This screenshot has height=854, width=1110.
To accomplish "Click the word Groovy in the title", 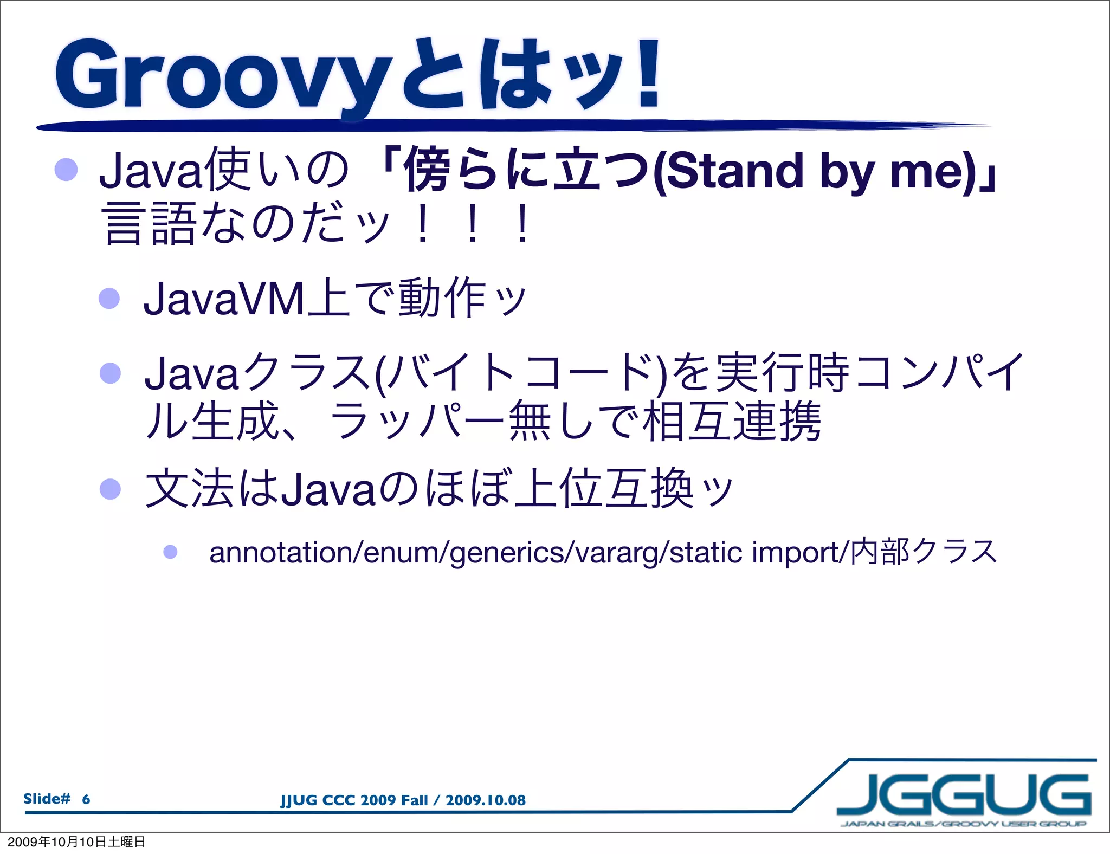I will [222, 76].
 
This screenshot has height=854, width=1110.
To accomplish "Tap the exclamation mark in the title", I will [648, 73].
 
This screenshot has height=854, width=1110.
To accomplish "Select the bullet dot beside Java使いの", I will [66, 170].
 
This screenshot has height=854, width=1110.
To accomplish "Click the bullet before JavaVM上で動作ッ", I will [109, 298].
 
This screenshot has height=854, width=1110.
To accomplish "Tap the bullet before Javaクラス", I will [110, 373].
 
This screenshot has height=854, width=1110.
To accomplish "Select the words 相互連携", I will [732, 422].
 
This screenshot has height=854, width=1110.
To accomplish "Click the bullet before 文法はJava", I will [110, 489].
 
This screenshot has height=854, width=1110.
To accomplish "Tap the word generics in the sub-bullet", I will [506, 553].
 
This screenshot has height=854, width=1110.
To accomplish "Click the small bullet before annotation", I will [170, 552].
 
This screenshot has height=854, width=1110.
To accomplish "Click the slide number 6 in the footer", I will [86, 799].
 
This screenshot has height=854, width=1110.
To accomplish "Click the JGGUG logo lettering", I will [964, 795].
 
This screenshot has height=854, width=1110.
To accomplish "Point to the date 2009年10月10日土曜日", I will [76, 842].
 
